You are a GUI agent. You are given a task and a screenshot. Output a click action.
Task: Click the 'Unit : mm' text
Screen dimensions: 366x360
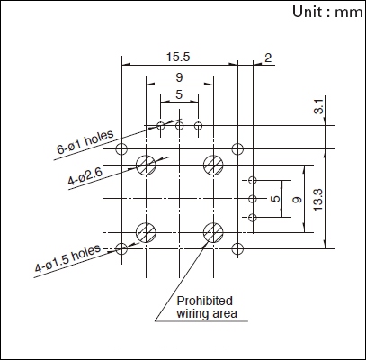[x=327, y=13]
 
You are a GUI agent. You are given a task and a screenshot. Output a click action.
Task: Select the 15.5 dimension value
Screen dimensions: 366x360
[x=178, y=57]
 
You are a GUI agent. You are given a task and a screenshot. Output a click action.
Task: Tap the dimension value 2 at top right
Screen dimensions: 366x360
[x=268, y=58]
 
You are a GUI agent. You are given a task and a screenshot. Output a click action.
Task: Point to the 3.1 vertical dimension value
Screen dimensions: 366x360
[x=319, y=106]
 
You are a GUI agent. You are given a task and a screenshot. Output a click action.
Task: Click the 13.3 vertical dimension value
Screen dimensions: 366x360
[x=317, y=200]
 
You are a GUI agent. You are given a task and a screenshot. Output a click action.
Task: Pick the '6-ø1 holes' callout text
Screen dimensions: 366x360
[x=85, y=142]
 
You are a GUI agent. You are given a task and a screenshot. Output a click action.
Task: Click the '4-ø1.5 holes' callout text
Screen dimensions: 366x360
[x=67, y=258]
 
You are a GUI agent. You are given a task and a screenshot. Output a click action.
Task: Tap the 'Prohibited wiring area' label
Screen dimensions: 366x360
[x=207, y=307]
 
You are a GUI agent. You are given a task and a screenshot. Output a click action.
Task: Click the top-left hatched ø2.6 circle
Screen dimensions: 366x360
[x=146, y=165]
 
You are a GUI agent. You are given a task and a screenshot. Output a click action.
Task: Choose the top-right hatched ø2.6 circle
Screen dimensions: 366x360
[x=213, y=165]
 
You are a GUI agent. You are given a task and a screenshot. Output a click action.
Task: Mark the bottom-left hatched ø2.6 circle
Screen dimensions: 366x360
[x=146, y=232]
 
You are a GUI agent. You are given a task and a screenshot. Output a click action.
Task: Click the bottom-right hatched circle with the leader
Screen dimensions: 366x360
[x=213, y=232]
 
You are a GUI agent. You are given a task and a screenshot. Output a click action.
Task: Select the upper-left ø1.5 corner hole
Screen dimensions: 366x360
[x=121, y=148]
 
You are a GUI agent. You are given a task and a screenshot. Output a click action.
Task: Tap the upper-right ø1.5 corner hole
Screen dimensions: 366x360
[x=237, y=148]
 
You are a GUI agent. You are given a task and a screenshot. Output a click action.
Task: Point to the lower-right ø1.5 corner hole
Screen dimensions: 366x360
[x=237, y=248]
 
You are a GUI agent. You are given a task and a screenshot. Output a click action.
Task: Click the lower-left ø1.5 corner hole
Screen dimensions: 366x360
[x=121, y=248]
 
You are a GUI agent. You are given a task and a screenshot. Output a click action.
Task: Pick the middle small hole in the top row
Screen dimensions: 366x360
[x=179, y=125]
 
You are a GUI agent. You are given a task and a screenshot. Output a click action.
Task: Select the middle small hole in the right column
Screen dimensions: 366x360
[x=253, y=199]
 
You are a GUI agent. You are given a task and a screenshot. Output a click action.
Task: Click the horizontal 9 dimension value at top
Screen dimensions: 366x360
[x=179, y=77]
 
